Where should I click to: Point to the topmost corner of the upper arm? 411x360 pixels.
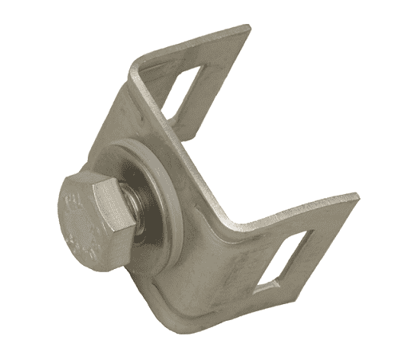[x=248, y=28]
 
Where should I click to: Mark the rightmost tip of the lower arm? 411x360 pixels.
[x=358, y=196]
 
